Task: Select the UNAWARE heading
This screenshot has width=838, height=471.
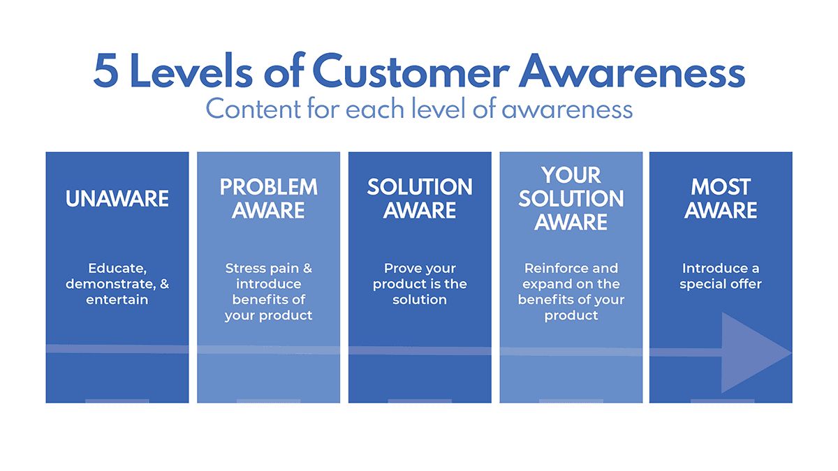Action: coord(117,199)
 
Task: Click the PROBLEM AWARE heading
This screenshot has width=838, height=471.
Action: coord(268,199)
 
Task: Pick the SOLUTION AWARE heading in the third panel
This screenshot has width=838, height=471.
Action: coord(420,199)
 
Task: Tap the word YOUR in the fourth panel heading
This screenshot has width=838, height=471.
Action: coord(571,174)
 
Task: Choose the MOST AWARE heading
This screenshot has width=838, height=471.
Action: coord(721,199)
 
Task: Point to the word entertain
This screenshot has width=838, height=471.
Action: coord(117,300)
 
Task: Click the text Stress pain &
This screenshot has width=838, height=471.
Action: coord(268,268)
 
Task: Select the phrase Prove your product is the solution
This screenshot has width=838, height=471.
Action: coord(420,284)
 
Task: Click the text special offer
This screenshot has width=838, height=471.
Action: coord(721,284)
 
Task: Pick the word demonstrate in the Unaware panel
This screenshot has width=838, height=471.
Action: coord(109,284)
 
